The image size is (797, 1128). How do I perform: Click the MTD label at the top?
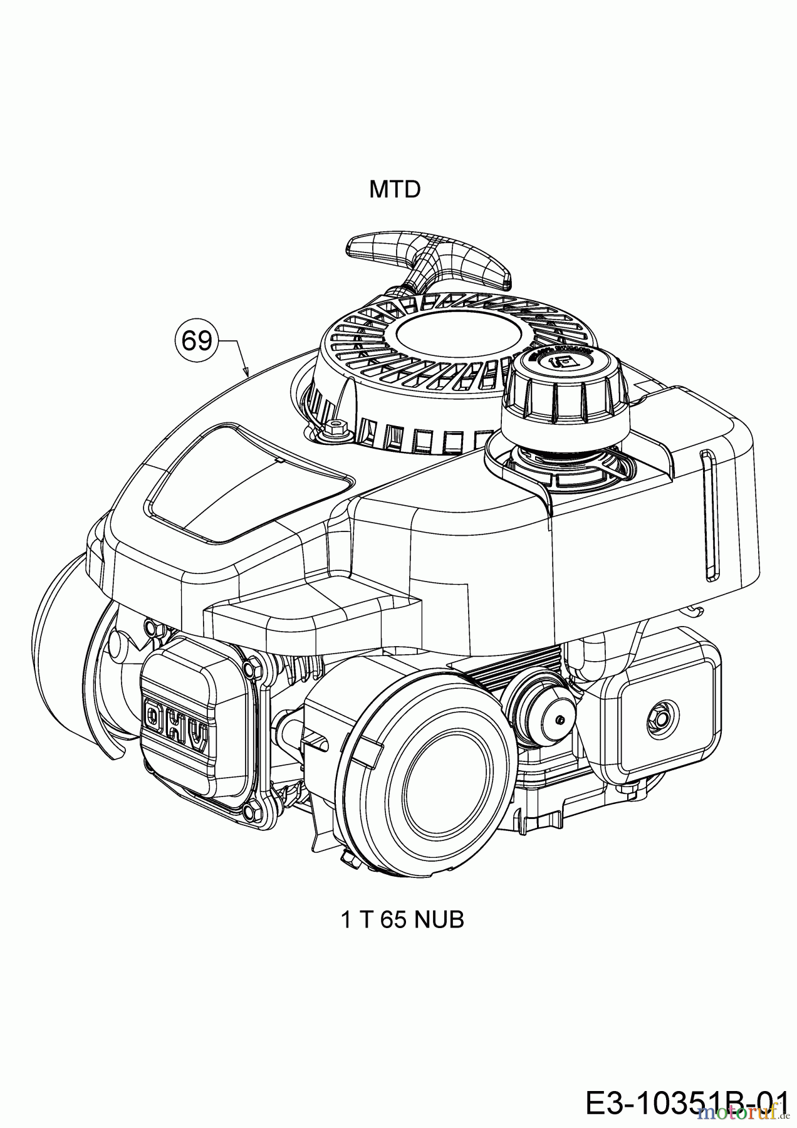(x=394, y=189)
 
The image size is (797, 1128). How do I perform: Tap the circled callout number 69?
(x=196, y=342)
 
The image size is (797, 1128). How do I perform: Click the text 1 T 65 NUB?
(x=402, y=920)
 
